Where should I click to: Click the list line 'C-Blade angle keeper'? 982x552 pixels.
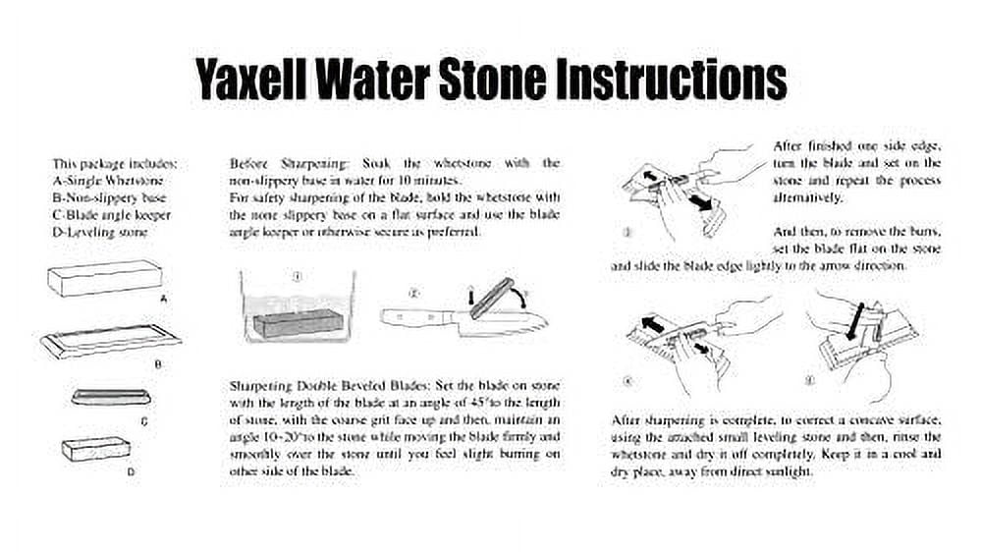(112, 215)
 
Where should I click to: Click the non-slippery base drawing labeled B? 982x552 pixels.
(111, 342)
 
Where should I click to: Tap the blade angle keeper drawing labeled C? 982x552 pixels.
(111, 397)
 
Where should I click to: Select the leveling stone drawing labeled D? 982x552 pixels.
(96, 450)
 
